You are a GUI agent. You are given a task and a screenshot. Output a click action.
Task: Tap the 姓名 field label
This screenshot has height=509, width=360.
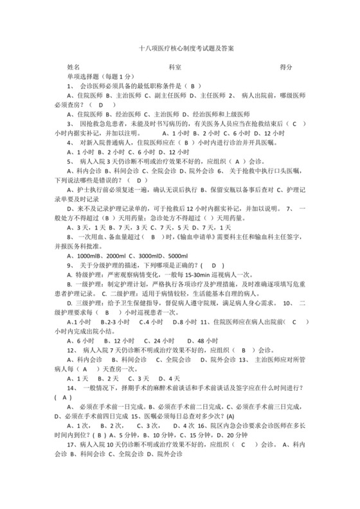(73, 66)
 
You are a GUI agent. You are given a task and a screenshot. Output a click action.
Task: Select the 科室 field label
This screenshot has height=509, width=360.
(175, 66)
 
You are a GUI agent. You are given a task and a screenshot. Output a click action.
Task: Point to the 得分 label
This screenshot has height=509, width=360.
(286, 66)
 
